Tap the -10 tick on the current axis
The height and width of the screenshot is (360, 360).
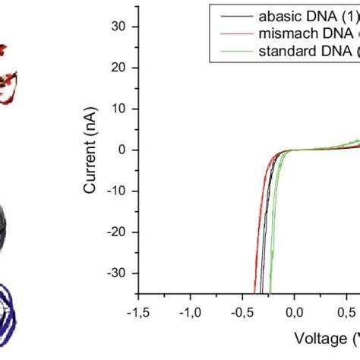(122, 191)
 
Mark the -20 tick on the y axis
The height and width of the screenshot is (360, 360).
(122, 232)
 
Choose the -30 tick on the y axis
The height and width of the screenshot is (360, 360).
(122, 273)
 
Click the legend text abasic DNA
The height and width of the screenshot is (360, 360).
(304, 14)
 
